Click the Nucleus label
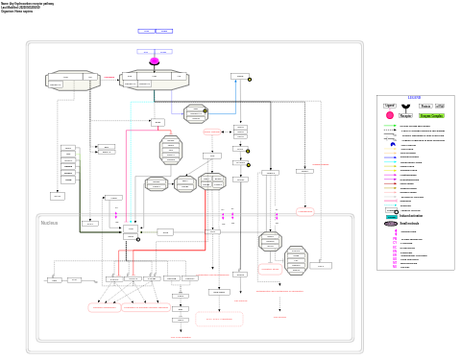click(x=49, y=223)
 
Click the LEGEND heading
click(x=414, y=98)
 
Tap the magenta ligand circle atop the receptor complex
click(x=154, y=61)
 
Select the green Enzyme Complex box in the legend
click(x=431, y=115)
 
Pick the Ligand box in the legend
click(x=390, y=106)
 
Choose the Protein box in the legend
click(x=425, y=106)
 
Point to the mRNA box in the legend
click(x=440, y=106)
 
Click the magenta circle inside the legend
click(x=390, y=115)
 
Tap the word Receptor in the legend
click(x=405, y=115)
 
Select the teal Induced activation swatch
click(x=391, y=216)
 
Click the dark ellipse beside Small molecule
click(x=391, y=224)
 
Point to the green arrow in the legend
click(x=390, y=126)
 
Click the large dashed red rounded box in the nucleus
click(x=219, y=319)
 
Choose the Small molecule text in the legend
click(x=410, y=224)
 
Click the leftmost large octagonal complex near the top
click(x=73, y=81)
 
